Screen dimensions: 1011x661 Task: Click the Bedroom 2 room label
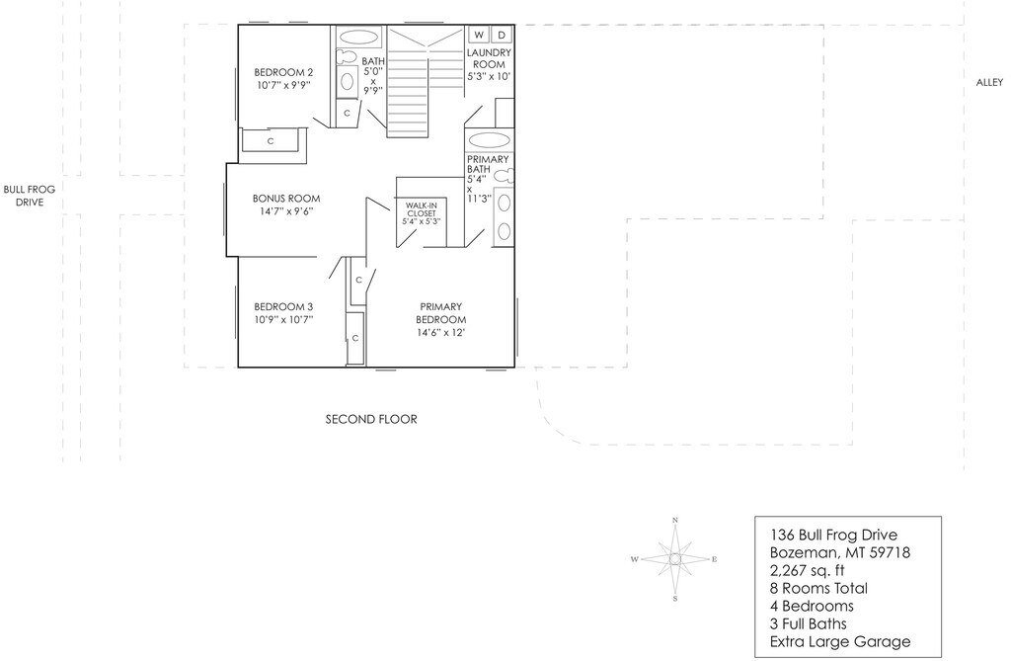283,72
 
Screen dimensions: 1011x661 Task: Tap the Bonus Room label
286,199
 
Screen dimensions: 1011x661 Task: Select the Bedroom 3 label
283,306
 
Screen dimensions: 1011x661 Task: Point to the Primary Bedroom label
440,306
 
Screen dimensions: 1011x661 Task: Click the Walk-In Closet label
421,207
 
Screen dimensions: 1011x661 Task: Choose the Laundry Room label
489,58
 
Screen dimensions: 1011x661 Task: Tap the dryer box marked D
500,35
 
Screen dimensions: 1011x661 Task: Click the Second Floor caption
371,420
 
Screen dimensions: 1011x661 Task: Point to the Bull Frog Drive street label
28,195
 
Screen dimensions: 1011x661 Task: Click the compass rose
675,559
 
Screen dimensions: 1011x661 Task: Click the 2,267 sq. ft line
808,570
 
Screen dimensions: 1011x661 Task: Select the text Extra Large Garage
840,642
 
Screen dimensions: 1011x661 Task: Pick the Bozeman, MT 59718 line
839,552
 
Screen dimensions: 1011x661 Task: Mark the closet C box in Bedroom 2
271,141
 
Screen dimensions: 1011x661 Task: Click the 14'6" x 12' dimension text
440,333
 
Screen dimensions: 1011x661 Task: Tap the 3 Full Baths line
809,624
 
